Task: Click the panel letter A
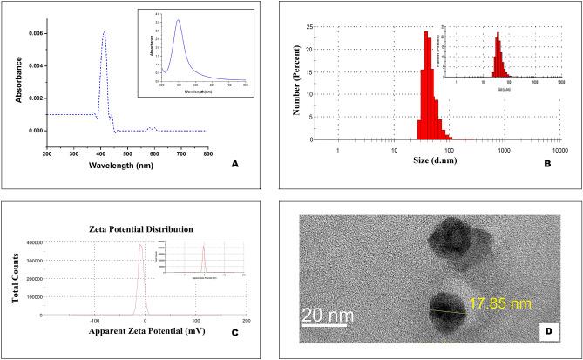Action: (257, 163)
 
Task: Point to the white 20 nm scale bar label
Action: (327, 309)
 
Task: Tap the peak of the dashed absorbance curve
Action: (105, 32)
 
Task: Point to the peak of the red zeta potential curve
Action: (140, 245)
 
